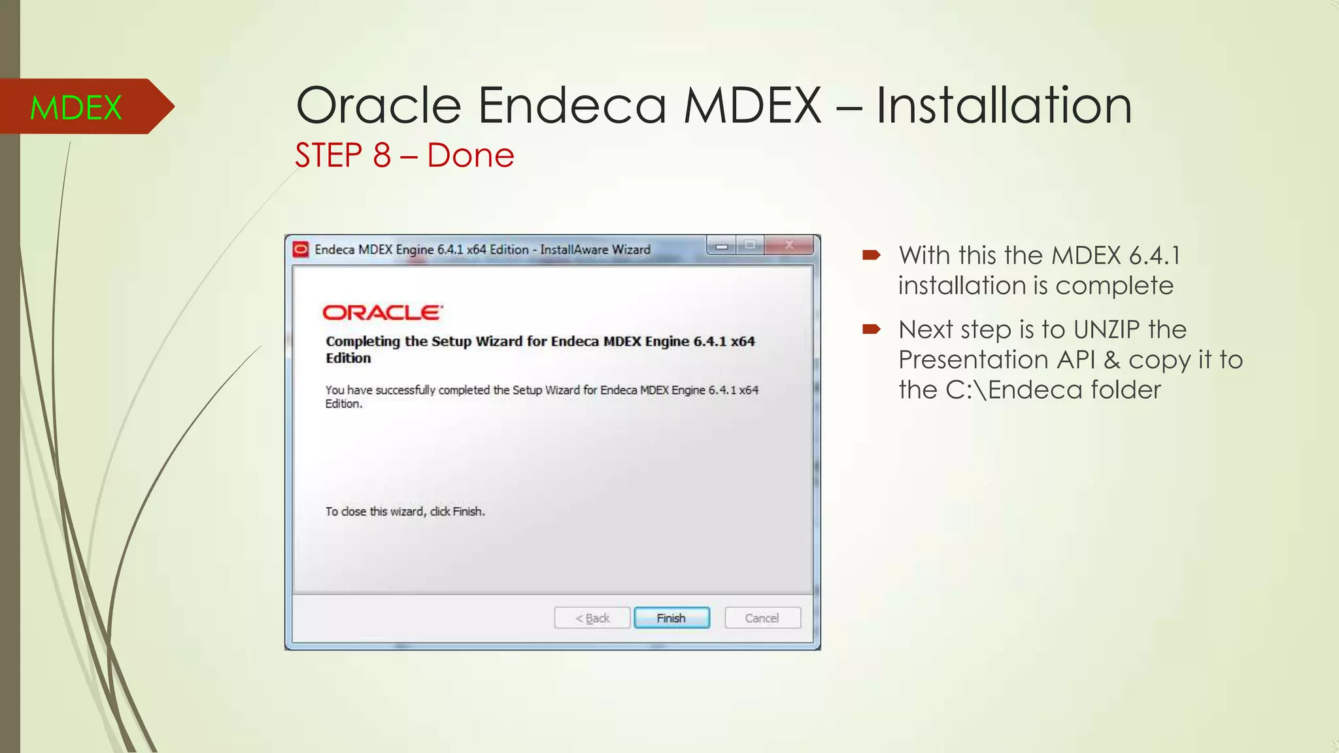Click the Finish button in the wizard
tap(671, 618)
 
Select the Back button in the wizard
tap(592, 618)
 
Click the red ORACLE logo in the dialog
tap(382, 312)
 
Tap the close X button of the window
tap(789, 246)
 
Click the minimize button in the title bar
tap(722, 246)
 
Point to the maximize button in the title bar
tap(750, 246)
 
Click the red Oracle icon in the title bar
tap(301, 250)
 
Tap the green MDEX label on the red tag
tap(76, 108)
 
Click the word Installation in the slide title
tap(1004, 105)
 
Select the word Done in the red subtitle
tap(471, 156)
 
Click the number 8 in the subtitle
tap(382, 156)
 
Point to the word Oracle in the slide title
tap(379, 105)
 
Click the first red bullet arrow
tap(872, 255)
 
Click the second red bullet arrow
tap(872, 329)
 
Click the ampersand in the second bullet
tap(1111, 360)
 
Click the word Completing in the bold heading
tap(363, 341)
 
